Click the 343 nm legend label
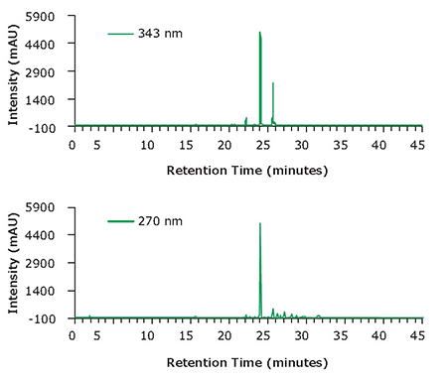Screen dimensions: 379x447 coord(162,34)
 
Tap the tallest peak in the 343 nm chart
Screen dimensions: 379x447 coord(260,36)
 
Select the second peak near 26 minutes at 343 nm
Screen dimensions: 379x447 coord(273,84)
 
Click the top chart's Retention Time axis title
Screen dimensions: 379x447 coord(246,170)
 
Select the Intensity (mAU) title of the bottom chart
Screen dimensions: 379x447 coord(14,263)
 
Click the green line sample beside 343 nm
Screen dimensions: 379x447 coord(120,34)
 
